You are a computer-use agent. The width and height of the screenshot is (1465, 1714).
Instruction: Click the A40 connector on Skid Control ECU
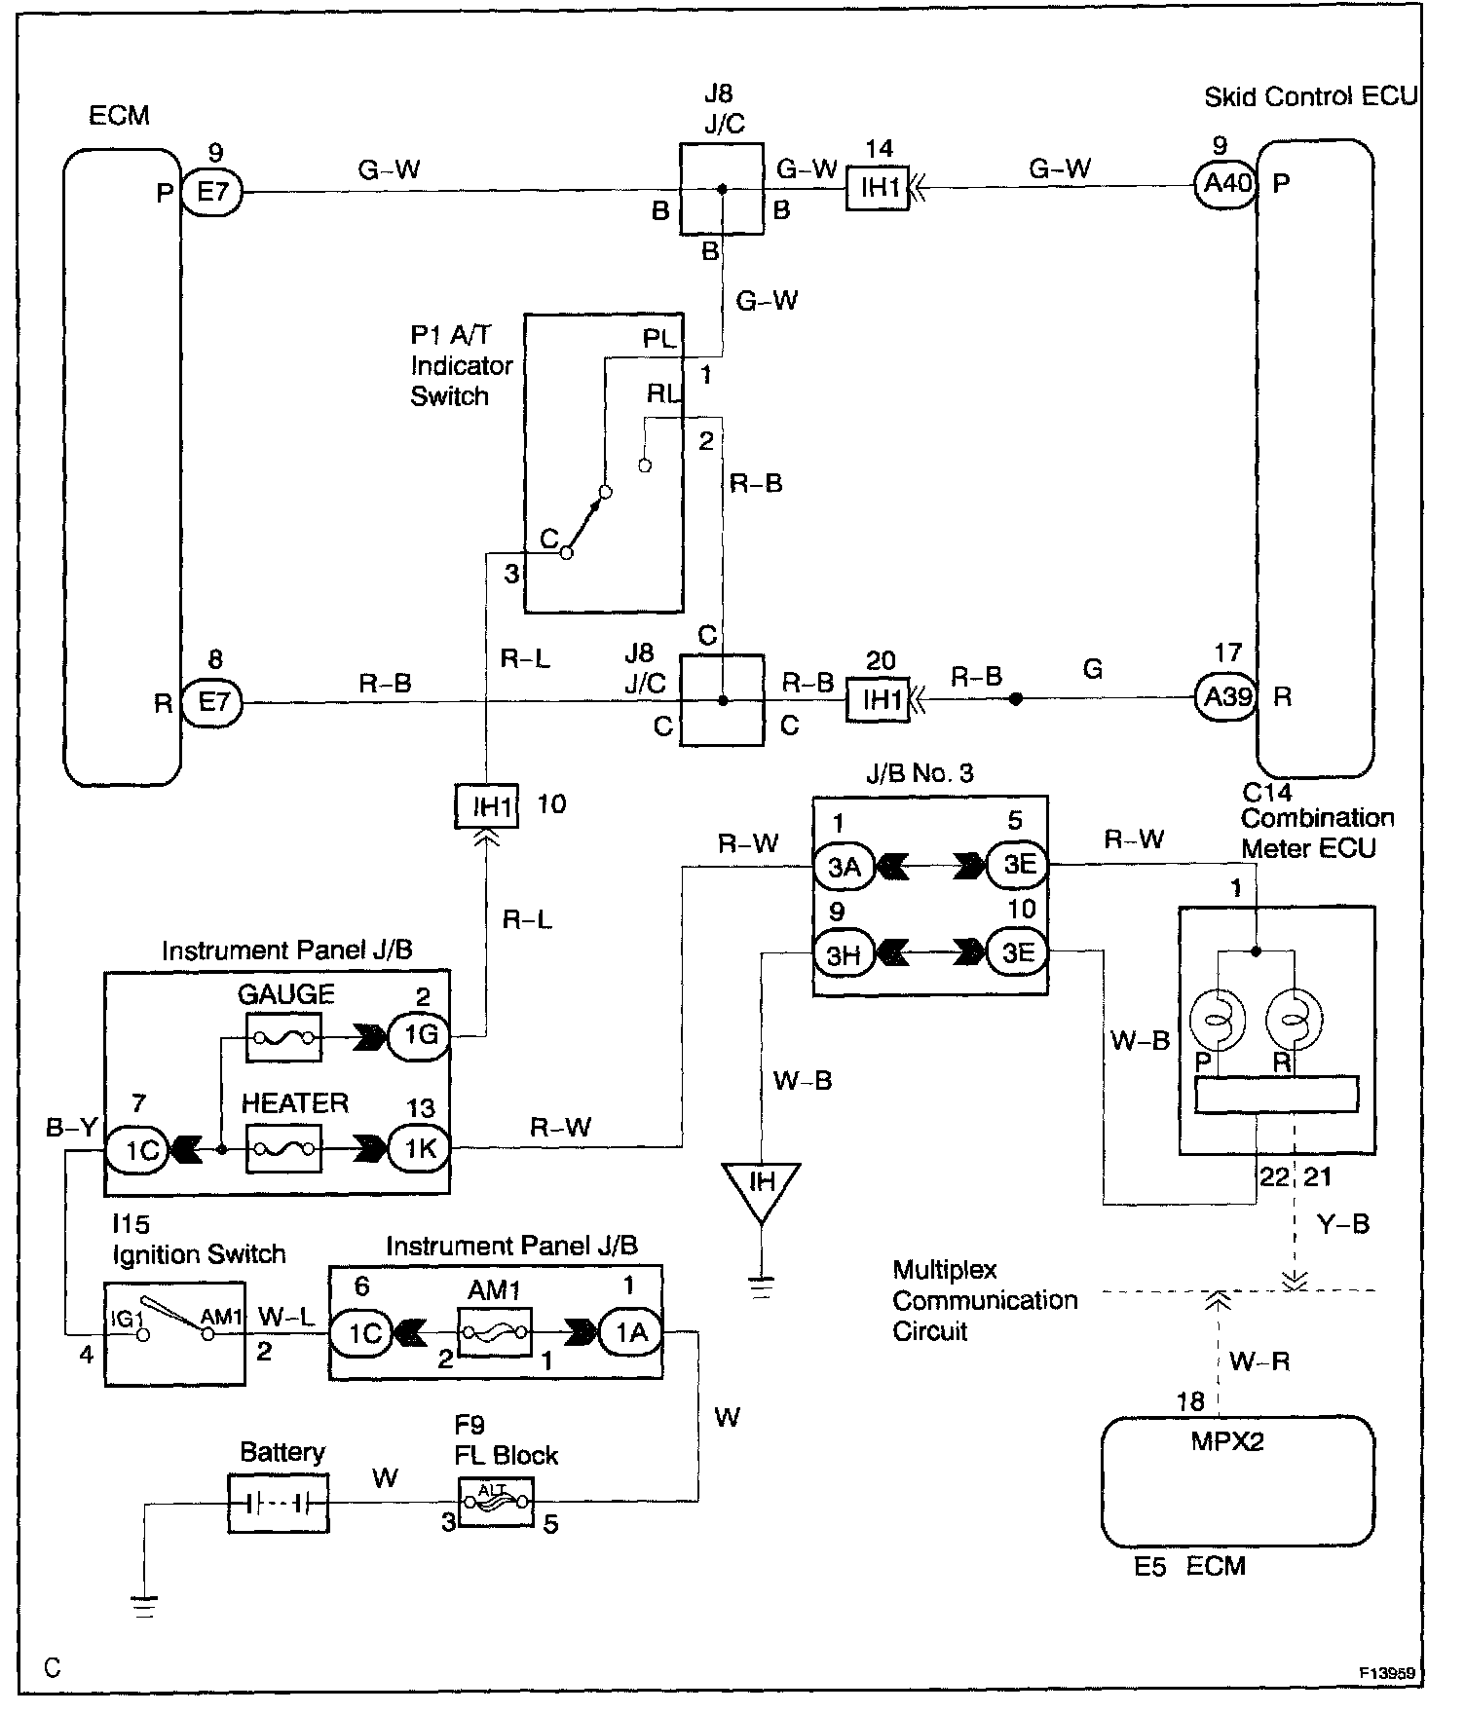pos(1225,183)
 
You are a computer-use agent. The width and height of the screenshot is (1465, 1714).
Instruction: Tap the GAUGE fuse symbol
pos(282,1038)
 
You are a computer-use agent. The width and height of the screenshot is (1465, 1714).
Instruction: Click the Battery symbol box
pos(278,1503)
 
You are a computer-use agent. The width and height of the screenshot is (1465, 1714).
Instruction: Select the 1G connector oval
pos(419,1036)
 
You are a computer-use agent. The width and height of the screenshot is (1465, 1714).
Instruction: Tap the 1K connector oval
pos(419,1148)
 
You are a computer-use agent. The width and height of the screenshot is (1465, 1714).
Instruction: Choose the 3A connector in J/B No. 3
pos(844,866)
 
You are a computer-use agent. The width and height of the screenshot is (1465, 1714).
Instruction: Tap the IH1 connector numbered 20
pos(877,699)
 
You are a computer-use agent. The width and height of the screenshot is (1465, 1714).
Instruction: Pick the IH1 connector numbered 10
pos(487,806)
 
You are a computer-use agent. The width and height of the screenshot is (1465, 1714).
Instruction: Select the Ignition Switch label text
pos(199,1254)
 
